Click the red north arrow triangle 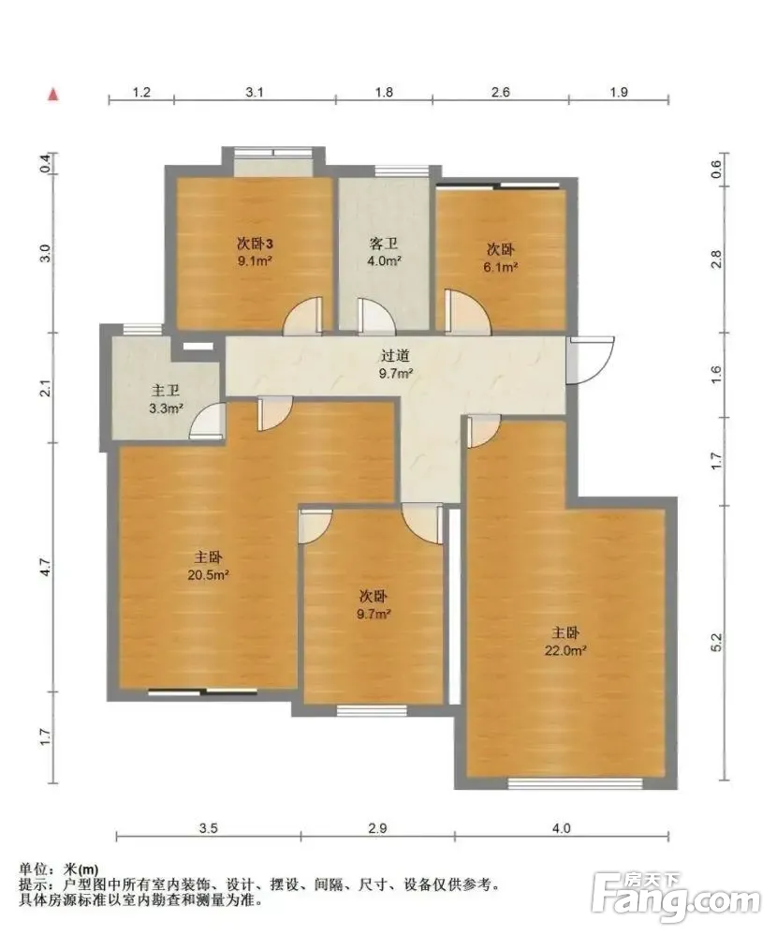(x=53, y=95)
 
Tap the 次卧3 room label (x=256, y=244)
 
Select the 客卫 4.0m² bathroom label (x=384, y=252)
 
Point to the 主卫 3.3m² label (x=166, y=399)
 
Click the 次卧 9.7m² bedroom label (x=374, y=604)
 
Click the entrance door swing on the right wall (x=591, y=360)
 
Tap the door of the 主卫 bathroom (x=208, y=421)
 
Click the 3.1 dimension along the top (x=255, y=92)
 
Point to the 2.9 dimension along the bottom (x=377, y=828)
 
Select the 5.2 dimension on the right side (x=717, y=643)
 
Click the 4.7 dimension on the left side (x=47, y=567)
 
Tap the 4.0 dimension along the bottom (x=561, y=828)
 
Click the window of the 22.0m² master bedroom (x=576, y=782)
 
